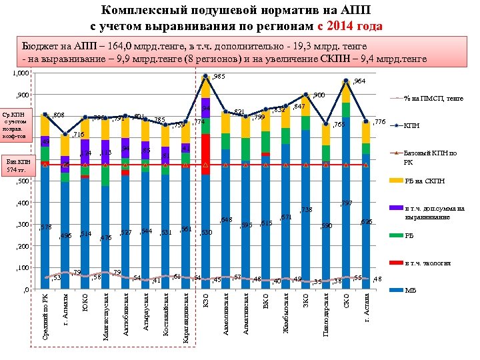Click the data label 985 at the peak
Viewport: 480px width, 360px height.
click(219, 77)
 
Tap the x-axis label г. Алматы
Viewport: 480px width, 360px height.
click(65, 313)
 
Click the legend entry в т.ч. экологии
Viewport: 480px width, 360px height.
click(431, 263)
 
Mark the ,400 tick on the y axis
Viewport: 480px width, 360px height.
click(22, 203)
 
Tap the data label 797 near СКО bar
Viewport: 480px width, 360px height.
click(346, 203)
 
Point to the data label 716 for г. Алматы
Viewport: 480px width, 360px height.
click(78, 135)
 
